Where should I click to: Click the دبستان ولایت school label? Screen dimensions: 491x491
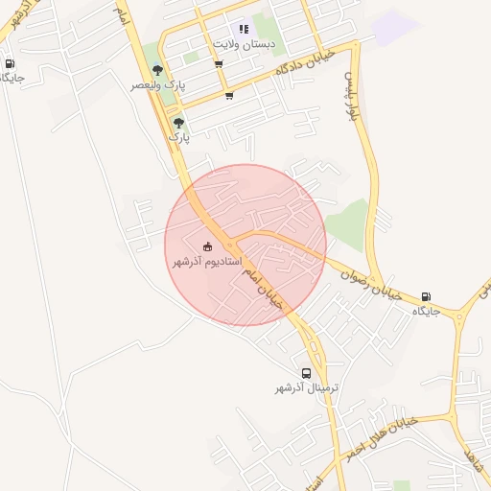(x=244, y=44)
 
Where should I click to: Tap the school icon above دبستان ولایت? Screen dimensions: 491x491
(x=244, y=30)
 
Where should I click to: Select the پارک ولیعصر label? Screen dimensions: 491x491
(x=158, y=85)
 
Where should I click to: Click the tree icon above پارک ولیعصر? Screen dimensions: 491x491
(x=158, y=70)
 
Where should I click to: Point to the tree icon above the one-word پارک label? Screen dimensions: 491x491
(x=178, y=123)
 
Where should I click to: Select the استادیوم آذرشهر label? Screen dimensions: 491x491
(x=207, y=261)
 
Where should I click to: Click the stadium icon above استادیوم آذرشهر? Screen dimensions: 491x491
(x=208, y=246)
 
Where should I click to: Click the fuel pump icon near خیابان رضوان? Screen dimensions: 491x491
(x=426, y=297)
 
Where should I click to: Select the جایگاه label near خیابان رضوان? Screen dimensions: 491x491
(x=426, y=312)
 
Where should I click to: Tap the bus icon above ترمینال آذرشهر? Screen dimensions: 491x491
(x=306, y=373)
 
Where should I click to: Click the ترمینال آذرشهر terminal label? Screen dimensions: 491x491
(x=307, y=387)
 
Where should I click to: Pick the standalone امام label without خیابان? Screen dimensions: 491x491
(x=121, y=12)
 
